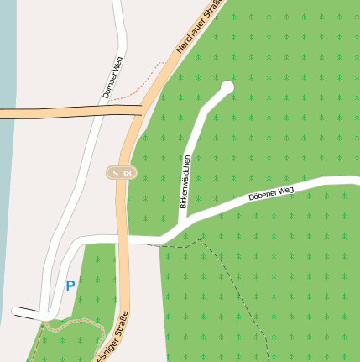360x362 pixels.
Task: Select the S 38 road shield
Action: pos(122,173)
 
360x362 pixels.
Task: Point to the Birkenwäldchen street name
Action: pos(185,181)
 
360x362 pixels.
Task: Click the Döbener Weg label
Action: pos(271,194)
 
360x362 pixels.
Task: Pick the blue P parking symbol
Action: pos(70,286)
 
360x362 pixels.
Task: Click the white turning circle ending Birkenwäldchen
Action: pos(227,87)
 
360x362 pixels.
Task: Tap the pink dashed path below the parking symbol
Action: pos(71,323)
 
